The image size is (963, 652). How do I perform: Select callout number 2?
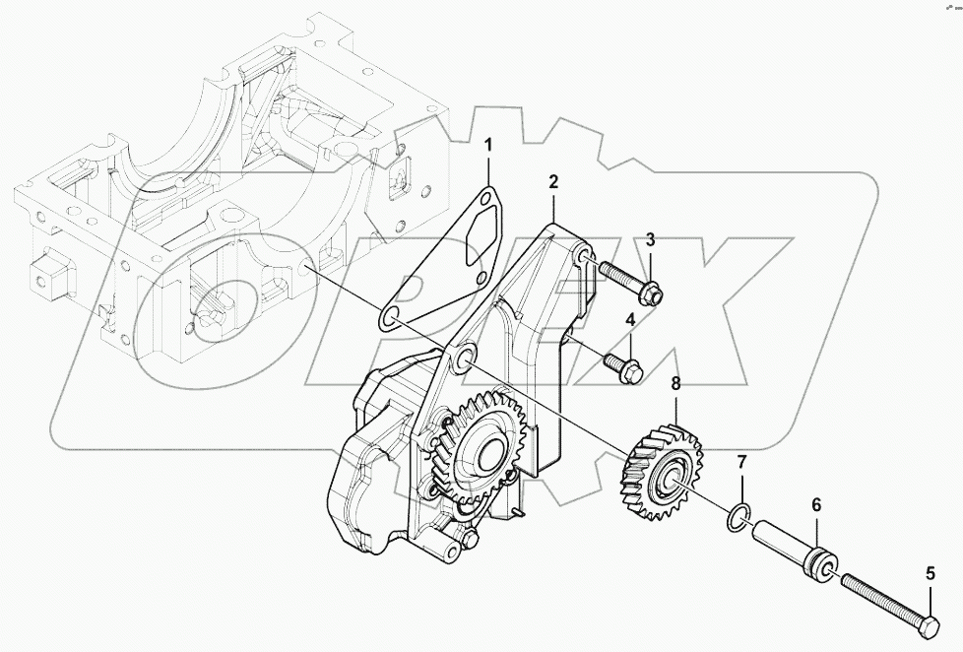553,181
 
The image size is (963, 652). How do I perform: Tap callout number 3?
650,239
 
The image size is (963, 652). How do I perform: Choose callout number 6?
815,504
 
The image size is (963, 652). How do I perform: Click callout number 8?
675,384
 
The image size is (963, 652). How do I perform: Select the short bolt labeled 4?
621,363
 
